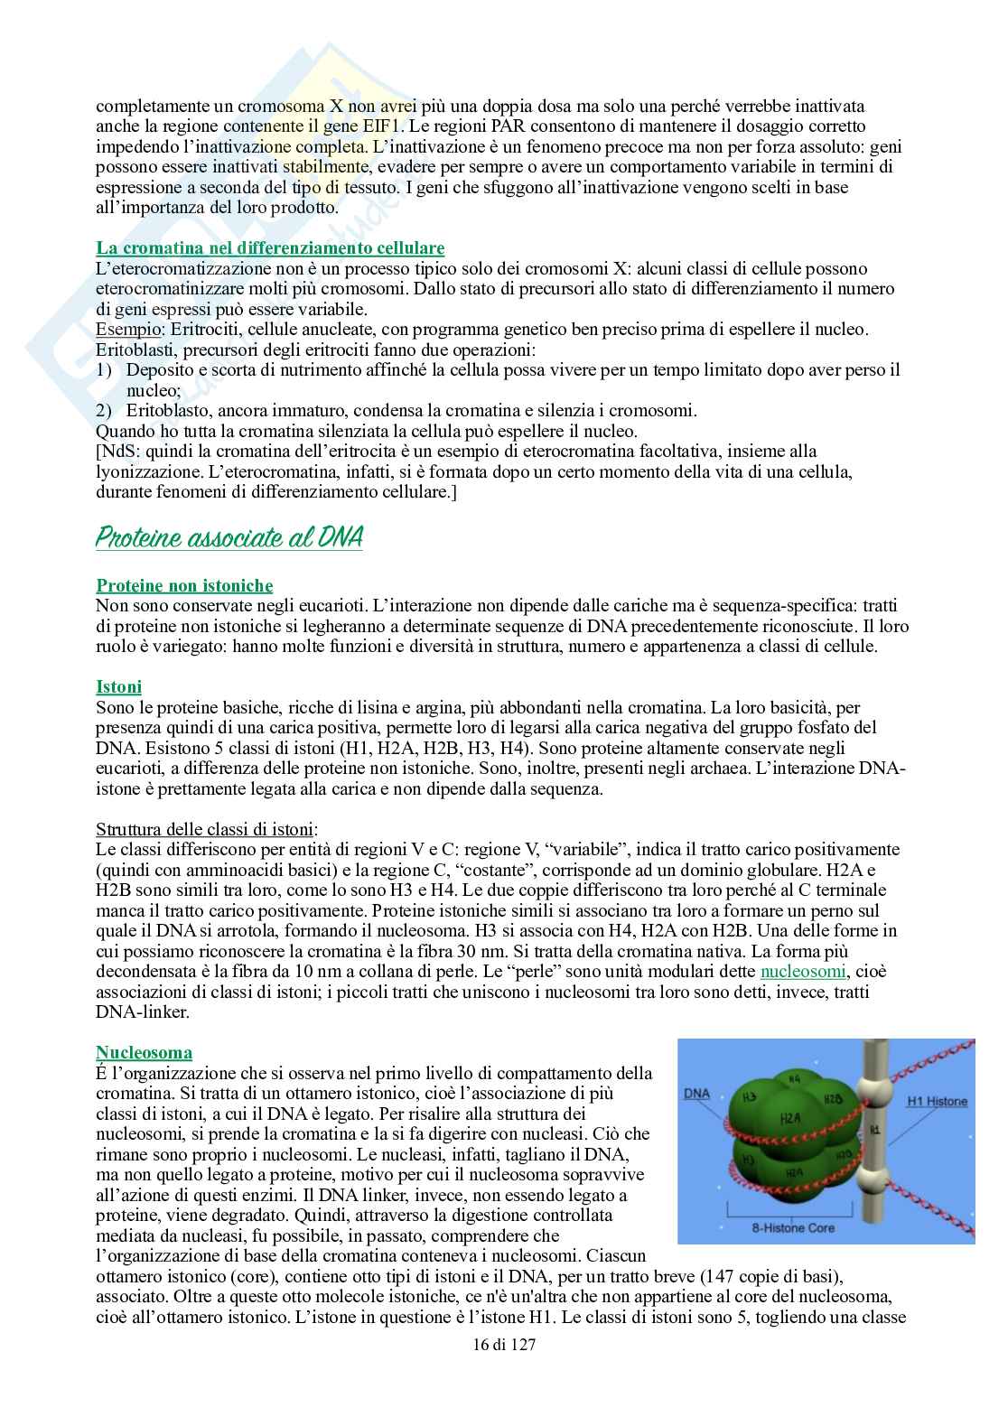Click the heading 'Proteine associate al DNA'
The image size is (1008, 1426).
pos(229,538)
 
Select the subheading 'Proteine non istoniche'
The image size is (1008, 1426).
pos(184,586)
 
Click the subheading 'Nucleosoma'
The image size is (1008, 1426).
pos(144,1053)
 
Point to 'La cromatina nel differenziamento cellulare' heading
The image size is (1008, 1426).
pos(270,247)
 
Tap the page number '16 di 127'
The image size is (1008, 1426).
pos(504,1345)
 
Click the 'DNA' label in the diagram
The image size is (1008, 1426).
pos(696,1094)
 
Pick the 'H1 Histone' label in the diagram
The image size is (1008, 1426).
pos(937,1102)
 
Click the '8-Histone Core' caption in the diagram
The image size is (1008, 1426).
pos(793,1228)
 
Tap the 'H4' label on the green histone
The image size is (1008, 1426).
pos(794,1079)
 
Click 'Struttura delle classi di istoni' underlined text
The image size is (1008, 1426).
pos(206,829)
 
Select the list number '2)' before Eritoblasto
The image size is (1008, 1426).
pos(104,411)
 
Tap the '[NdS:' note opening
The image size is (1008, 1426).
pos(118,452)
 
